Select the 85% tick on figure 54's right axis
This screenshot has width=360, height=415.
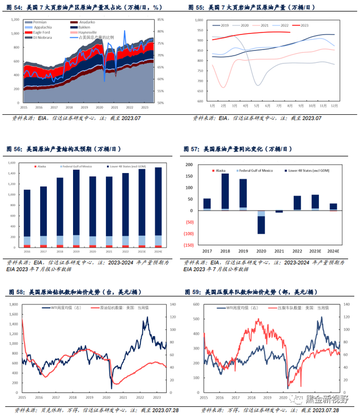click(x=160, y=20)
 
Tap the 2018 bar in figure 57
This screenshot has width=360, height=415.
click(x=225, y=192)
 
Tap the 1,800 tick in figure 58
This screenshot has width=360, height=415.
click(x=16, y=304)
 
